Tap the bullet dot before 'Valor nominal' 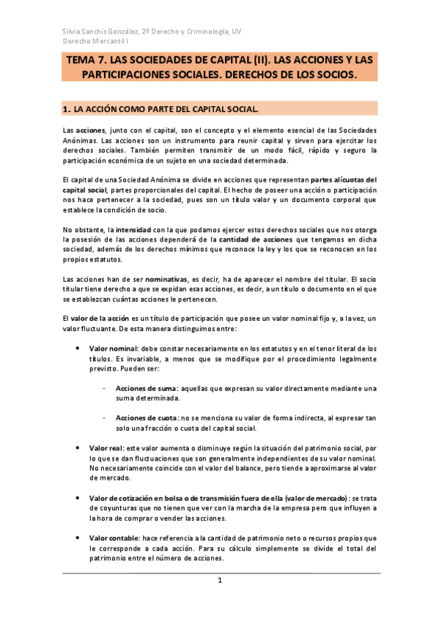[78, 348]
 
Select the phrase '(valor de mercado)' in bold [311, 498]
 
